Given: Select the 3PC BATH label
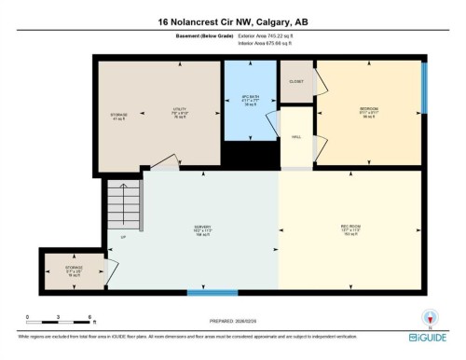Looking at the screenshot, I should click(249, 99).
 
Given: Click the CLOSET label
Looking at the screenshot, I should click(296, 81).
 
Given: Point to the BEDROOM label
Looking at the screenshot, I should click(369, 110).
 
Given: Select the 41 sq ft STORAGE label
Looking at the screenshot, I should click(117, 117).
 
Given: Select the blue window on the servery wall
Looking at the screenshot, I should click(212, 294).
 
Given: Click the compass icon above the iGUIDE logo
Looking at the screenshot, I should click(430, 315).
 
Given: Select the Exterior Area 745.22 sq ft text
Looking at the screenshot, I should click(271, 36).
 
